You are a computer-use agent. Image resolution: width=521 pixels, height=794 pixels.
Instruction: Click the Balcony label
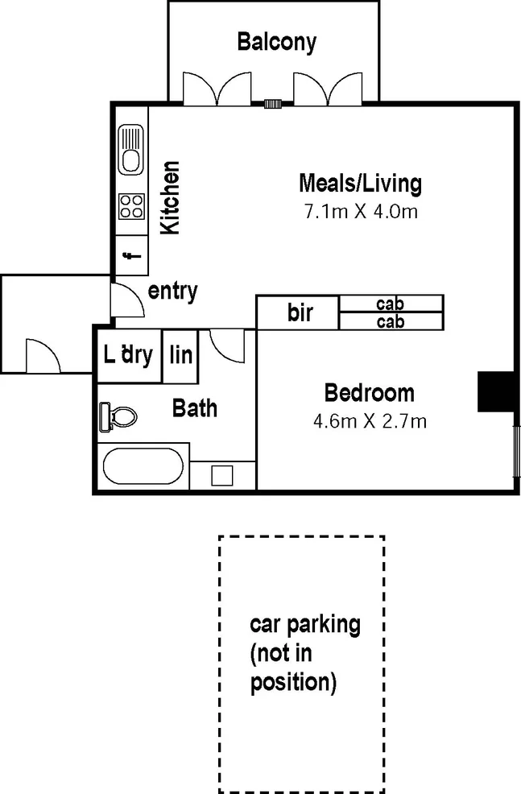(276, 41)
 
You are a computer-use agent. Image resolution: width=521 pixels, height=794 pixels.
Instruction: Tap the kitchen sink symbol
(130, 151)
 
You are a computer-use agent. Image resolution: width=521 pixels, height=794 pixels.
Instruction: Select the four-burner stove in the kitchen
(130, 207)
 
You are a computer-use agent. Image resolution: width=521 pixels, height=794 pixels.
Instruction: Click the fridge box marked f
(130, 257)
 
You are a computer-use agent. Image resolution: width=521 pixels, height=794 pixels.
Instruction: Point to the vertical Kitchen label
(170, 198)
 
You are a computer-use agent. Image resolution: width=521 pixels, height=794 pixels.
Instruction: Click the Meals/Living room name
(359, 183)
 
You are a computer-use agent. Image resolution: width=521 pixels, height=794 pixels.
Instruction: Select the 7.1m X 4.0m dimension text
(359, 212)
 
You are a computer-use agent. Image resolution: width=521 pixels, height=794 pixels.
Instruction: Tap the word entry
(172, 291)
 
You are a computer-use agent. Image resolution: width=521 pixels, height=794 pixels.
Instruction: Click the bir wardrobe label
(300, 312)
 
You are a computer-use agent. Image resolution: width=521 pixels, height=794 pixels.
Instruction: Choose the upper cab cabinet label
(390, 304)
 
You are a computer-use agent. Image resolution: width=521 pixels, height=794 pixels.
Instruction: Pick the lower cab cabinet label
(390, 321)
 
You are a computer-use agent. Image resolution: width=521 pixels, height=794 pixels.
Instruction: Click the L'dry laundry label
(129, 354)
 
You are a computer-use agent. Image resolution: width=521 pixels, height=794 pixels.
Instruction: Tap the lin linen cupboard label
(181, 354)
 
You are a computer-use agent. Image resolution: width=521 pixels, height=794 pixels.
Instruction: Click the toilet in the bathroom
(117, 416)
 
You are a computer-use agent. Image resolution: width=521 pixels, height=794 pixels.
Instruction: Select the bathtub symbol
(143, 466)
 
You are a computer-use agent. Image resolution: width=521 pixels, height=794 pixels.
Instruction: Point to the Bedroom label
(369, 393)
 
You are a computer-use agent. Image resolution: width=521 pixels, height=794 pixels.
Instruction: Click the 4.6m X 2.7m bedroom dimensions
(369, 420)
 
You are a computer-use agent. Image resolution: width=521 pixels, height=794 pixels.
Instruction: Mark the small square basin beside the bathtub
(222, 474)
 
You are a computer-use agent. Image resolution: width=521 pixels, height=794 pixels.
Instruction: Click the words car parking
(304, 623)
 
